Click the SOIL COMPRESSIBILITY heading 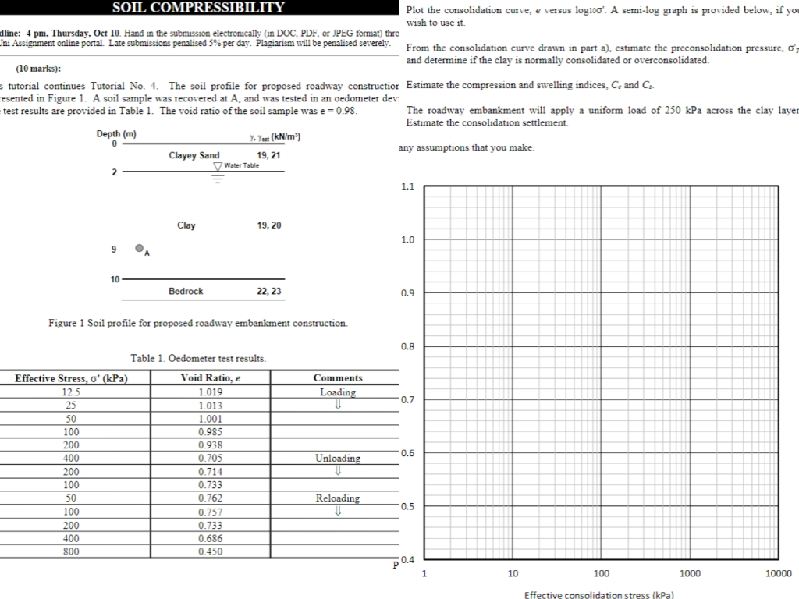tap(198, 8)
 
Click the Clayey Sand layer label tap(194, 156)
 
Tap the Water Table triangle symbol tap(218, 166)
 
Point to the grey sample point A tap(139, 249)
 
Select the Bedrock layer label tap(186, 291)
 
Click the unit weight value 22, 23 tap(269, 291)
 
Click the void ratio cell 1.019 tap(211, 392)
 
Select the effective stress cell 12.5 tap(71, 392)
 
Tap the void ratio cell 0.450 tap(211, 551)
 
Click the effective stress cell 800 tap(71, 551)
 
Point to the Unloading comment tap(338, 459)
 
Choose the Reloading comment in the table tap(338, 498)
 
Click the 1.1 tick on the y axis tap(407, 187)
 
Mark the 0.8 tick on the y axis tap(407, 346)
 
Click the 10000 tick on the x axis tap(778, 574)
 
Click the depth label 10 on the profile tap(115, 278)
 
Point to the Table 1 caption tap(198, 359)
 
